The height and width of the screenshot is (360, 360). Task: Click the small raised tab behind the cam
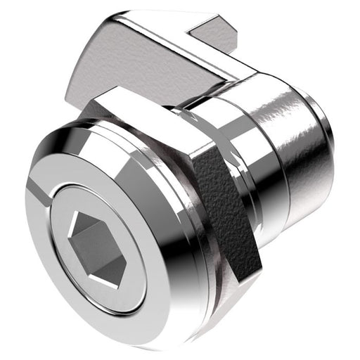pos(214,35)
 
